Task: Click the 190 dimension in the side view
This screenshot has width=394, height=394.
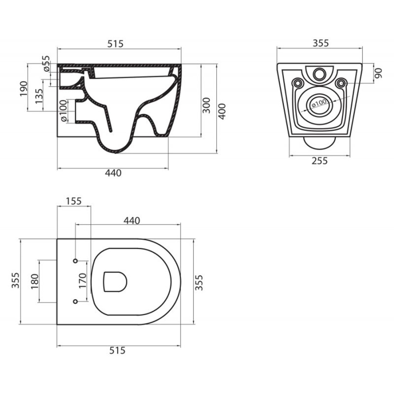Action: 24,88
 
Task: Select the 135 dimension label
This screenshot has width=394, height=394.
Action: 39,96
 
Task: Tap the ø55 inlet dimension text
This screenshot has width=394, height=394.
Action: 46,63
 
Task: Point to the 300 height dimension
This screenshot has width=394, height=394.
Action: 206,105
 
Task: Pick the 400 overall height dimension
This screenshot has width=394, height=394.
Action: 222,111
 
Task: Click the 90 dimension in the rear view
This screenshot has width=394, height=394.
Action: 378,73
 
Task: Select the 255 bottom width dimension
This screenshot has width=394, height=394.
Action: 320,161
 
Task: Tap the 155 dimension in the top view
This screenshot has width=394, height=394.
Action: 74,201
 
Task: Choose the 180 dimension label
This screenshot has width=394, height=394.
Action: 35,281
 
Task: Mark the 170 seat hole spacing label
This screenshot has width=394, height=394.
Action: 83,281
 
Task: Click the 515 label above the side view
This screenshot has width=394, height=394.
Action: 115,44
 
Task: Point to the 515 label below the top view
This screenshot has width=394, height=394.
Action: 117,350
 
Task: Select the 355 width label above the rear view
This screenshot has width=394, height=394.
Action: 320,43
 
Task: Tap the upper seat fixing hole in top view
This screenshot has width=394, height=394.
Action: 75,261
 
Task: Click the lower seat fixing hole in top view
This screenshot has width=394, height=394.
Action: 75,301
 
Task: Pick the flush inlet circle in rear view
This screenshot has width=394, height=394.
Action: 320,74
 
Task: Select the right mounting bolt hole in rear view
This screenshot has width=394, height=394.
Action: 341,82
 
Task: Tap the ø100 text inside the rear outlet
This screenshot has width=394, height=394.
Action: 319,103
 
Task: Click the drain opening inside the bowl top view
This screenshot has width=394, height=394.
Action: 115,281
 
